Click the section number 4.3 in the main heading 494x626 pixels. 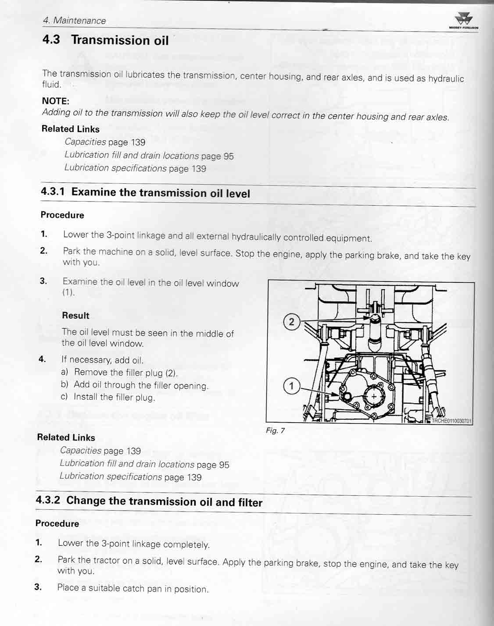(x=51, y=39)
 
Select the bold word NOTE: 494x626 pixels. (x=56, y=101)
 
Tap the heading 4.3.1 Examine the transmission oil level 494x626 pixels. (x=145, y=192)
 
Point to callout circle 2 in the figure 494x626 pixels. (x=291, y=322)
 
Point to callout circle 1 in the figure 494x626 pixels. (x=291, y=386)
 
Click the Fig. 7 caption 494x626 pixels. (x=275, y=430)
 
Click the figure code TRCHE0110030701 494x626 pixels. (x=451, y=421)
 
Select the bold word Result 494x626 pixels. (x=75, y=316)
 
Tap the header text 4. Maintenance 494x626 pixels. (x=74, y=21)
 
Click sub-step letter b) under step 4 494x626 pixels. (x=64, y=384)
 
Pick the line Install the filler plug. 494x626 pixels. (x=114, y=397)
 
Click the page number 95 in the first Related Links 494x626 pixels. (x=228, y=156)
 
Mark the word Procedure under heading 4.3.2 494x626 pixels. (x=57, y=523)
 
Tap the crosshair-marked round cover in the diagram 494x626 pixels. (x=373, y=396)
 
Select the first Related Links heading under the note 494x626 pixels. (x=70, y=129)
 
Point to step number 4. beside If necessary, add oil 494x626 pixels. (x=42, y=359)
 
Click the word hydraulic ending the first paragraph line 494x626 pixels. (x=446, y=79)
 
